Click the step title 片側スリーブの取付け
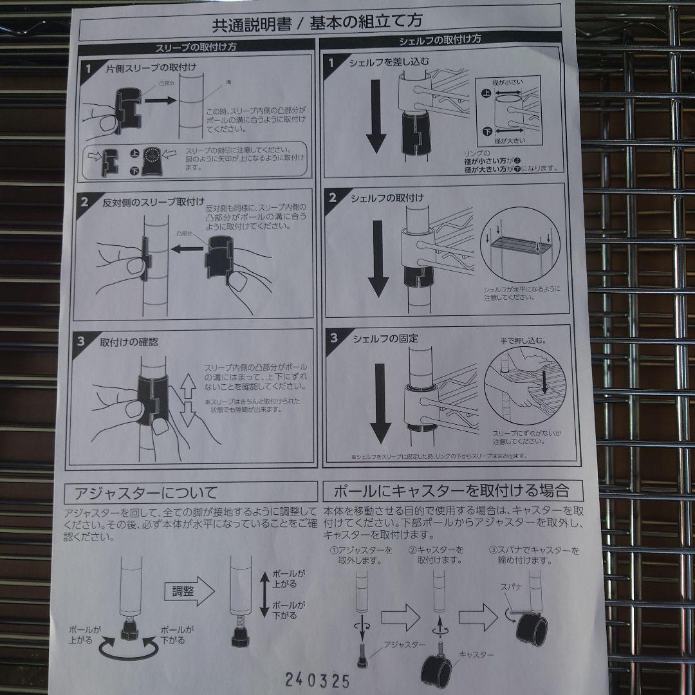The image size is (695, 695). pos(151,67)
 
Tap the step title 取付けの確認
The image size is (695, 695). pos(129,342)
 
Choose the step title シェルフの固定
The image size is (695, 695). pos(384,338)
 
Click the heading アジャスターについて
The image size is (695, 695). pos(145,494)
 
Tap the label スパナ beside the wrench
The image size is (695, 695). pos(512,588)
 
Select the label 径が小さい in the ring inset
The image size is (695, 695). pos(508,82)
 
